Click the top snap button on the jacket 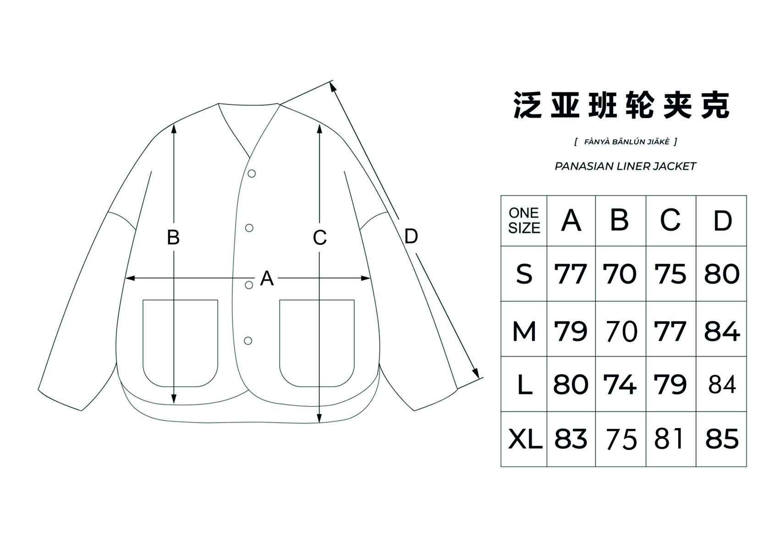click(x=252, y=174)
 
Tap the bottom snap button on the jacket click(x=248, y=341)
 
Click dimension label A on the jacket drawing click(x=267, y=278)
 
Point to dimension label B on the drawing click(x=173, y=237)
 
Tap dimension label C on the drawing click(x=319, y=238)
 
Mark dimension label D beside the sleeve click(x=411, y=236)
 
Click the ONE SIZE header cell click(x=524, y=221)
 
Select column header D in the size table click(x=722, y=221)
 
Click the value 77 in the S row click(x=571, y=274)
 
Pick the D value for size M click(x=721, y=331)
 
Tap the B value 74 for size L click(x=620, y=385)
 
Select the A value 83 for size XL click(x=571, y=439)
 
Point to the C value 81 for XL click(x=670, y=439)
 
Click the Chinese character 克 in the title click(x=716, y=105)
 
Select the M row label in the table click(x=524, y=331)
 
